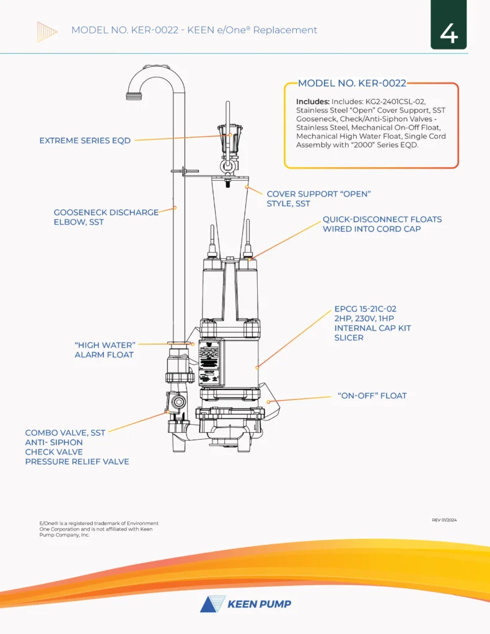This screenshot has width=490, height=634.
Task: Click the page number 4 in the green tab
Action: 448,33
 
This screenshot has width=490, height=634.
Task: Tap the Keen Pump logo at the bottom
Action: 245,604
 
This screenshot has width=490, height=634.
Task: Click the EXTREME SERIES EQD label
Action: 85,141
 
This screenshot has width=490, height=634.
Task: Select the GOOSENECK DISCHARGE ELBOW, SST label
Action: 106,217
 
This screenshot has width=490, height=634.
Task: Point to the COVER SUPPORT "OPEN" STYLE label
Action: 318,199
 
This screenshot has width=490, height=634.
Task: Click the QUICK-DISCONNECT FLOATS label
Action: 382,224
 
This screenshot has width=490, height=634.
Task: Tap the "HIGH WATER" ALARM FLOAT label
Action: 104,349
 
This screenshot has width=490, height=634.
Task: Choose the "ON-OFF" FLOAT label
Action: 372,396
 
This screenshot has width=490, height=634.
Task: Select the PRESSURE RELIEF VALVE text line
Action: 77,462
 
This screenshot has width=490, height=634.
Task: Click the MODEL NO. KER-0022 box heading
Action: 352,84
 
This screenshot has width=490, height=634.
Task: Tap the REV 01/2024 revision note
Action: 444,520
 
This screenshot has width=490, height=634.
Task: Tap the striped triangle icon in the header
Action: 47,31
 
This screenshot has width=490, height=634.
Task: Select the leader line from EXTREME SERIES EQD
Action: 180,138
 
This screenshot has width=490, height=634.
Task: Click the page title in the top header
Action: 194,30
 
